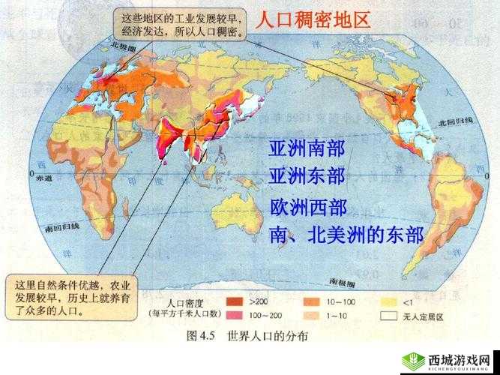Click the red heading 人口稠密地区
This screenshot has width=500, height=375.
tap(313, 21)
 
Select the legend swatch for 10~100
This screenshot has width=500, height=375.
tap(311, 302)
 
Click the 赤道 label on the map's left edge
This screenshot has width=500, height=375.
tap(43, 178)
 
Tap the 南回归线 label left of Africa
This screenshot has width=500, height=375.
tap(61, 226)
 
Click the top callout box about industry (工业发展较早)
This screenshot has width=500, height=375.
tap(180, 28)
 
